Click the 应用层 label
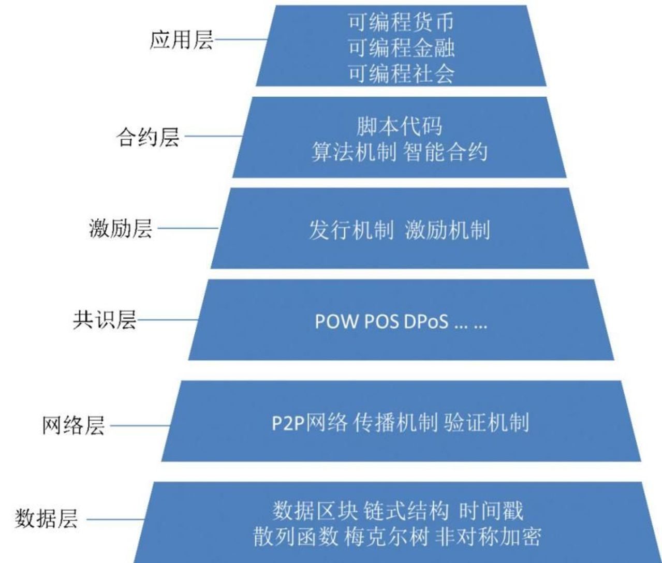point(181,39)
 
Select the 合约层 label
point(148,137)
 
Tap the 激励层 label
point(121,228)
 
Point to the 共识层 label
point(104,320)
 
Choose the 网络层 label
point(73,426)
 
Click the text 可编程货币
point(401,22)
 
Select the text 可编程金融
point(401,48)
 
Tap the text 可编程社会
point(401,73)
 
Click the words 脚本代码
point(399,126)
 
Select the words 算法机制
point(354,152)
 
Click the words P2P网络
point(310,423)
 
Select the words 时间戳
point(491,511)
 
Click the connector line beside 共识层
point(168,320)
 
